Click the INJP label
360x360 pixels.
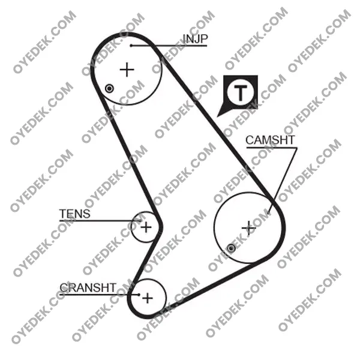click(x=195, y=39)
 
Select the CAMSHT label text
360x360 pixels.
click(x=270, y=140)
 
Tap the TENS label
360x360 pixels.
click(x=75, y=214)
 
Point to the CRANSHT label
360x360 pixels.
click(x=88, y=287)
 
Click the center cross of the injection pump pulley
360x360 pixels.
click(x=127, y=70)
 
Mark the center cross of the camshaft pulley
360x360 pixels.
click(x=248, y=228)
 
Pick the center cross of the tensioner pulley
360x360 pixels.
click(x=146, y=227)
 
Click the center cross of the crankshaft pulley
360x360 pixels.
click(x=148, y=298)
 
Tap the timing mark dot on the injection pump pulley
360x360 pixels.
click(x=109, y=88)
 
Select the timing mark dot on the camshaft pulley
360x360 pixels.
click(x=231, y=248)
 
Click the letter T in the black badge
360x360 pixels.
click(x=241, y=92)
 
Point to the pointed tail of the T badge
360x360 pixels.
click(x=218, y=116)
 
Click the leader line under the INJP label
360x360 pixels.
click(x=169, y=46)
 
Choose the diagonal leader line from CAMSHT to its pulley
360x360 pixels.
click(x=283, y=181)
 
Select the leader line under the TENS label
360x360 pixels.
click(x=100, y=221)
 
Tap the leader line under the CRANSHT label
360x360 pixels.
click(x=100, y=295)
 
